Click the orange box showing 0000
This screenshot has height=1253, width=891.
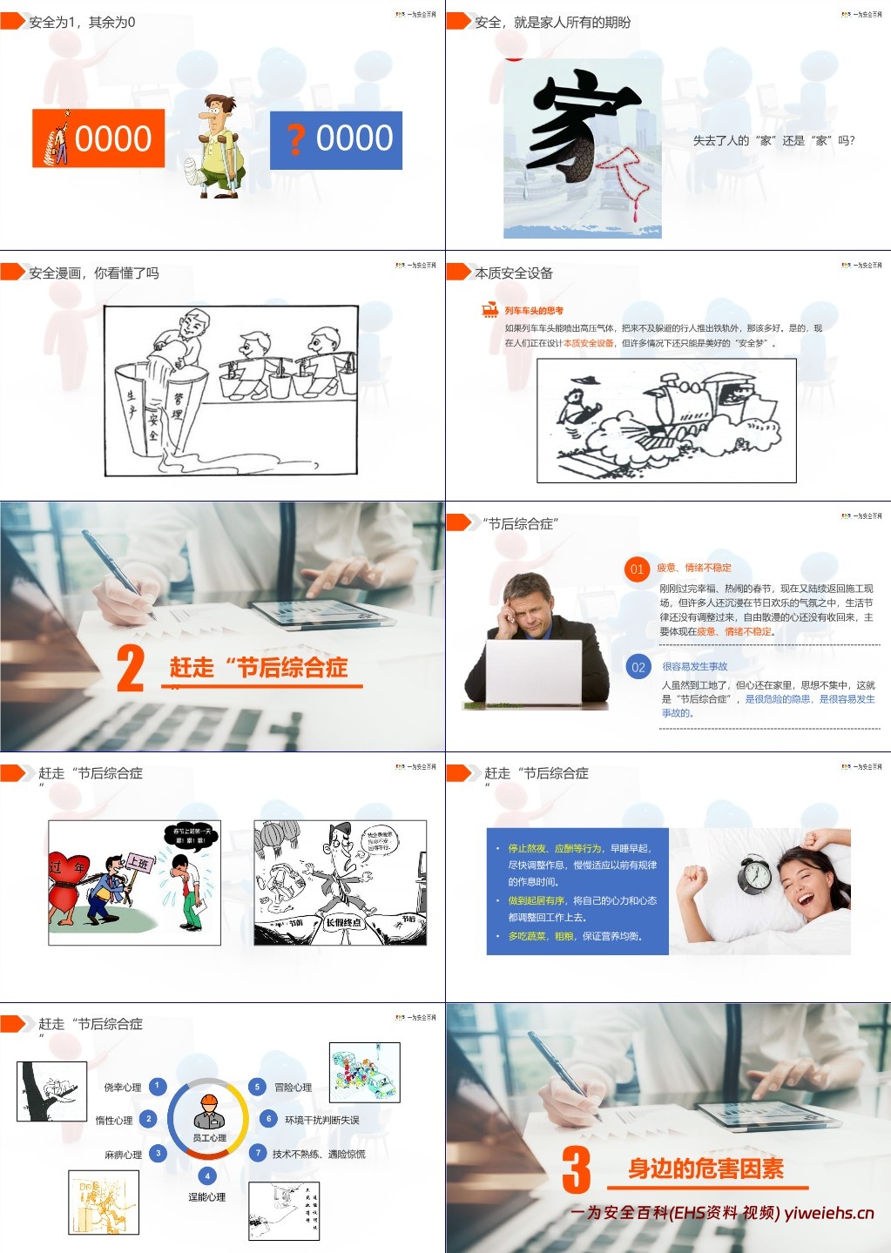(98, 138)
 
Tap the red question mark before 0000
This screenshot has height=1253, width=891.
(297, 139)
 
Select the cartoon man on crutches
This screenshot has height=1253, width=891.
(217, 145)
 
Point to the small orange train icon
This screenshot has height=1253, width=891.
(489, 310)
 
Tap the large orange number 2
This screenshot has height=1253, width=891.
(131, 669)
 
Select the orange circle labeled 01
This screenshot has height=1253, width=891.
(637, 569)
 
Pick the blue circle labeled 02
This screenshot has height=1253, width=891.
(638, 667)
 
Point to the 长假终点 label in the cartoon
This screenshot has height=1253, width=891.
(343, 922)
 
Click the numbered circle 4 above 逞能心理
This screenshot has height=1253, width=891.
(207, 1176)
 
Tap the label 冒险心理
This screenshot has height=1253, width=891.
(293, 1088)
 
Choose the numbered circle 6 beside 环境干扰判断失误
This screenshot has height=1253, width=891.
(268, 1119)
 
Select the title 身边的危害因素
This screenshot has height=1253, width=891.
(705, 1169)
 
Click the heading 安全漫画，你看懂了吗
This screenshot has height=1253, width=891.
(94, 273)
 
